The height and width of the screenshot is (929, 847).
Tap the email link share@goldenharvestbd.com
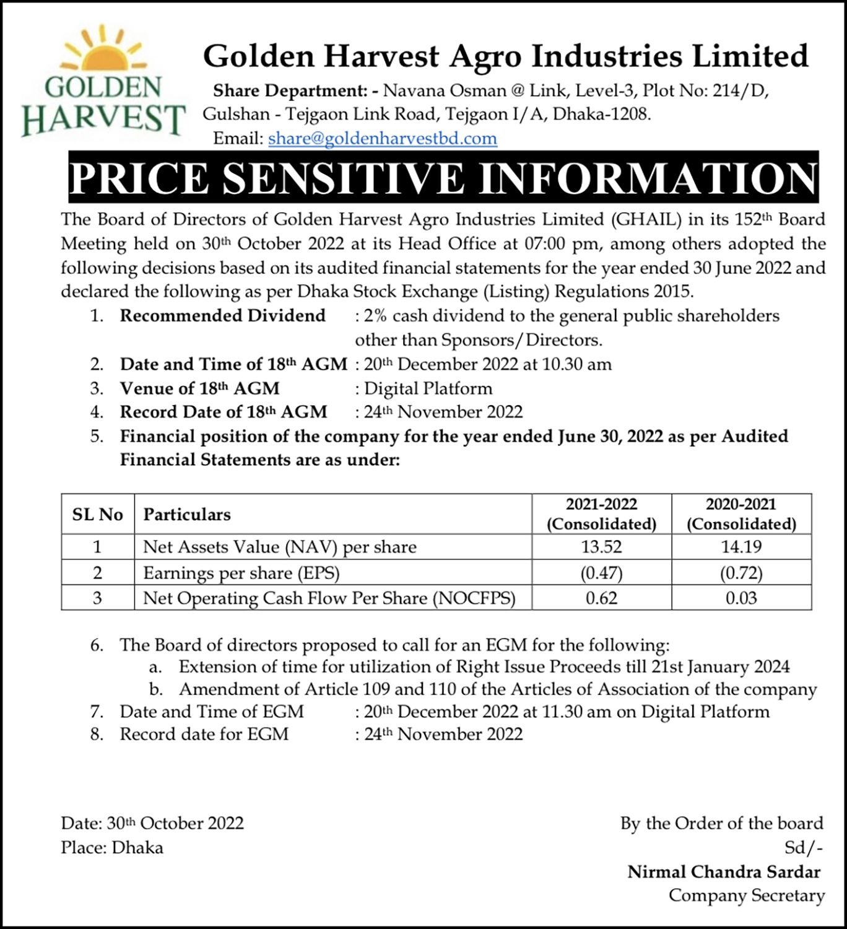[382, 138]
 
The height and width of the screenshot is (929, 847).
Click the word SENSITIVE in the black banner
[343, 178]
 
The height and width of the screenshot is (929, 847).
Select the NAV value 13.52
[601, 547]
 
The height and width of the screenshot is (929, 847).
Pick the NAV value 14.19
[741, 547]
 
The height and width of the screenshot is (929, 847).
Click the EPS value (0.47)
[601, 573]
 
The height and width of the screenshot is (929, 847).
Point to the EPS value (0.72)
[741, 573]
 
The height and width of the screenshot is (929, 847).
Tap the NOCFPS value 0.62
[601, 598]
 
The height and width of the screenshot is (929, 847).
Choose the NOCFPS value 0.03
[741, 598]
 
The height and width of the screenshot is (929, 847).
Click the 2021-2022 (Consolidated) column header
[601, 514]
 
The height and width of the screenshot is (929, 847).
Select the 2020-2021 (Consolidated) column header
[741, 514]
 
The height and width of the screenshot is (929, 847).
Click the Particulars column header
[187, 515]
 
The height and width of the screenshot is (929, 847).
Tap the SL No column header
[98, 515]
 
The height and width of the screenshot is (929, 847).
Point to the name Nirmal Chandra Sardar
[724, 872]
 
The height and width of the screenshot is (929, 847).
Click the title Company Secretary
[747, 896]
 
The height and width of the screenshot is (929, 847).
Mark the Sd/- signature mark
[804, 848]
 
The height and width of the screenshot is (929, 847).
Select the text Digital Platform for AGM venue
[428, 388]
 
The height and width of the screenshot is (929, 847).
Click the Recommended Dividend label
[223, 316]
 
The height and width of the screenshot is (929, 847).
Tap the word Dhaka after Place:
[137, 848]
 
